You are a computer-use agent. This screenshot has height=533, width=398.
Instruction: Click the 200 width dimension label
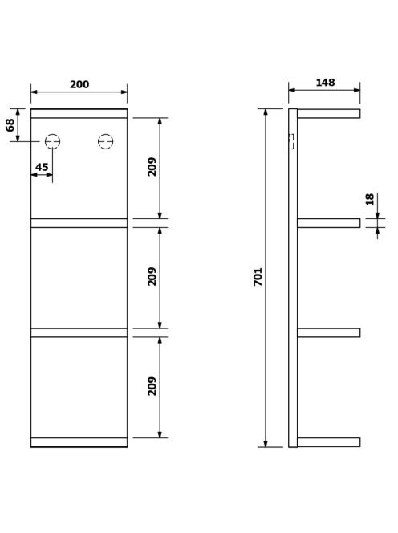click(79, 84)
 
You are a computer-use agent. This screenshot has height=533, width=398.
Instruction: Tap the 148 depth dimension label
click(325, 83)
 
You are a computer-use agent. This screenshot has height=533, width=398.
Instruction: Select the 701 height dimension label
click(258, 277)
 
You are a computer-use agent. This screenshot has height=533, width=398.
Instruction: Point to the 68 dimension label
click(10, 125)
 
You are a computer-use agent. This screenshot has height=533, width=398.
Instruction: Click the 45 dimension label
click(42, 167)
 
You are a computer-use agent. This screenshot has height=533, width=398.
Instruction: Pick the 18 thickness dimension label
click(370, 200)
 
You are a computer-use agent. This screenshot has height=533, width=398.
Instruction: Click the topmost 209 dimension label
click(152, 167)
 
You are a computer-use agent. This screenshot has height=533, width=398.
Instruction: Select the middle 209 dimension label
click(152, 277)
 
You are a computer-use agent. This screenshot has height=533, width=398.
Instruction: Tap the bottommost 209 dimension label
click(152, 386)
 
